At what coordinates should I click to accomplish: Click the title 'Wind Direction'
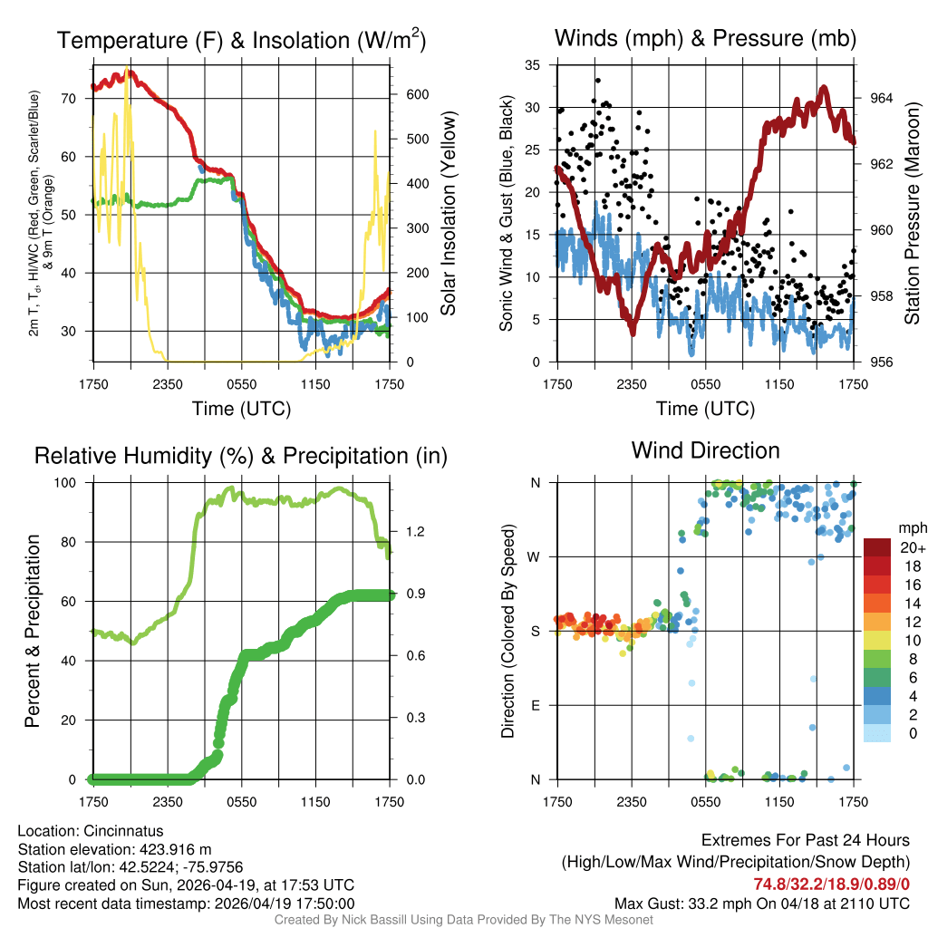[x=705, y=450]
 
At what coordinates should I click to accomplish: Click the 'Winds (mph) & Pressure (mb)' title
[x=705, y=38]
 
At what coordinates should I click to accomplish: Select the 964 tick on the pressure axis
[x=882, y=98]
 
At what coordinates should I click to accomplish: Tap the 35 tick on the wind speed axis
[x=533, y=64]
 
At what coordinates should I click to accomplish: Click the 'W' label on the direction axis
[x=536, y=556]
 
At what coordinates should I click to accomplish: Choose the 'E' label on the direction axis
[x=536, y=705]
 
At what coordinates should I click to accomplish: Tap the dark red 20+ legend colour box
[x=875, y=547]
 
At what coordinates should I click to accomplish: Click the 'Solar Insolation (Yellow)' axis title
[x=449, y=214]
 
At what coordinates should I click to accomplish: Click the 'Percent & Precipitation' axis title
[x=32, y=631]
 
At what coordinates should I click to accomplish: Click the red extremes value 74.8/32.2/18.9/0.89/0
[x=831, y=884]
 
